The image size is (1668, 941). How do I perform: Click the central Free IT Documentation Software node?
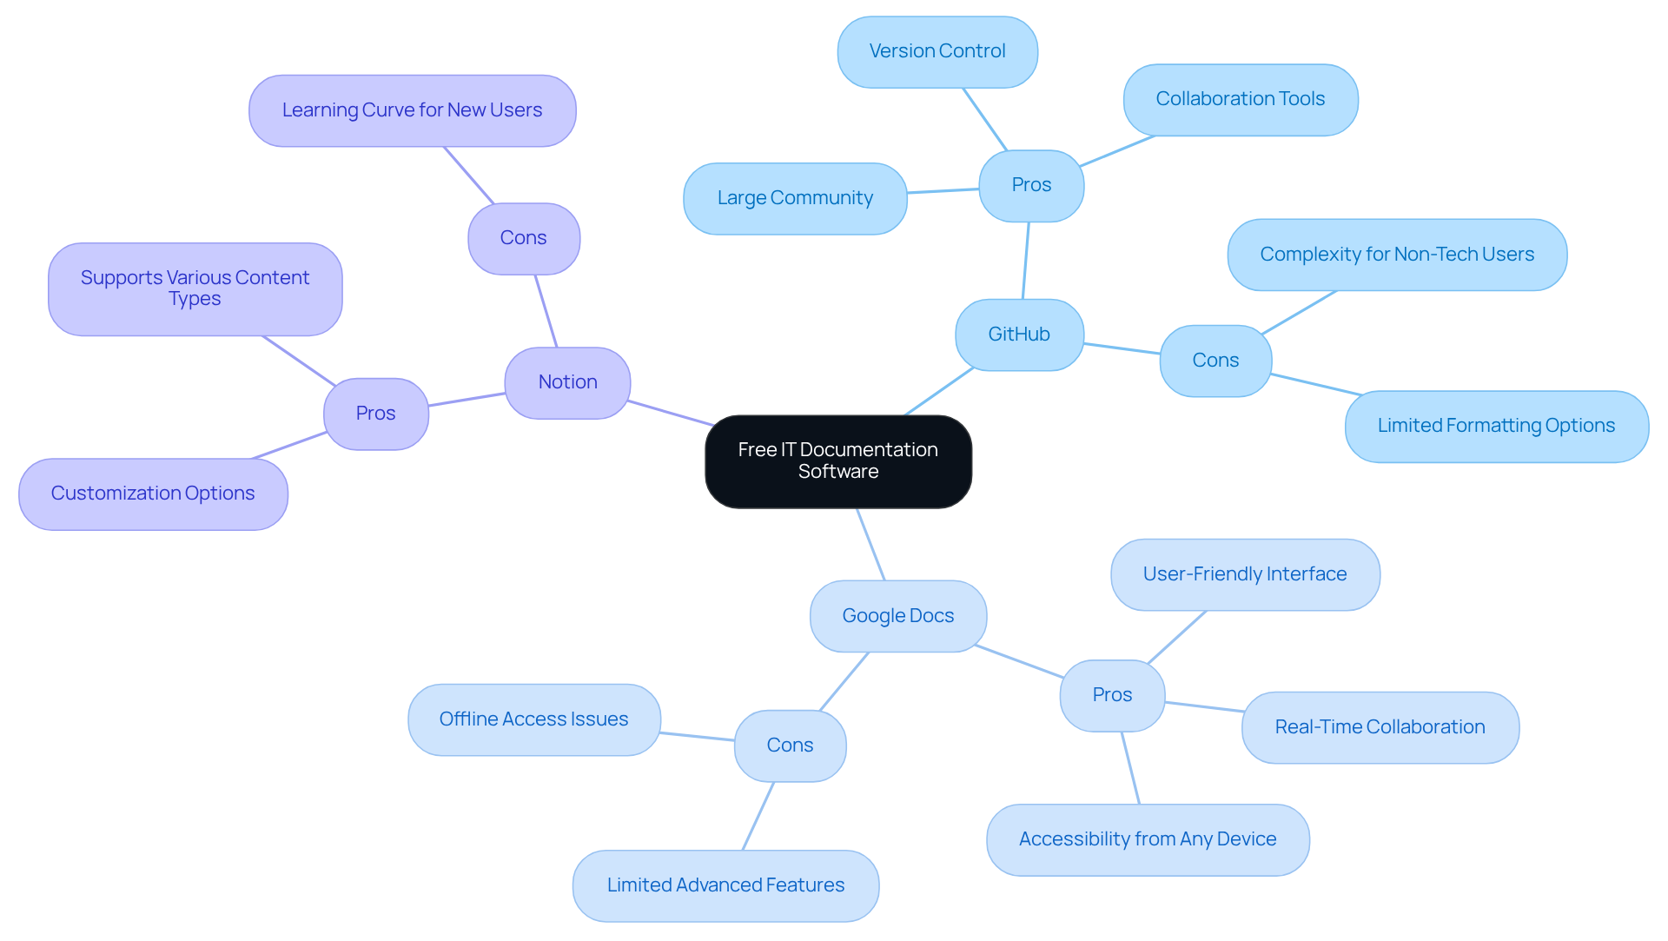click(x=837, y=461)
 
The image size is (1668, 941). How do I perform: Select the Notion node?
click(x=567, y=382)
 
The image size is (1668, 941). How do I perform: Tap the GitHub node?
click(x=1019, y=335)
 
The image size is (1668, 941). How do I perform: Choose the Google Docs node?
click(x=897, y=616)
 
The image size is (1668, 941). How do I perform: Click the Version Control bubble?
click(x=937, y=51)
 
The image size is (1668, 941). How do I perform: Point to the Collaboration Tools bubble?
click(x=1240, y=99)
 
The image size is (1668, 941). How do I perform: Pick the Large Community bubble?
click(x=795, y=198)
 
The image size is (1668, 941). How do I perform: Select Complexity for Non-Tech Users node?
click(x=1396, y=255)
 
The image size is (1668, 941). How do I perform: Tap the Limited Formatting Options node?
click(x=1496, y=426)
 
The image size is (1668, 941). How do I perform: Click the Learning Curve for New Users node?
click(x=412, y=110)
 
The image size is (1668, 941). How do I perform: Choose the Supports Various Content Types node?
click(x=195, y=288)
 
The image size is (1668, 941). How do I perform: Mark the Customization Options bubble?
click(x=153, y=494)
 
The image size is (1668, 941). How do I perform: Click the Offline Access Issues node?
click(x=533, y=719)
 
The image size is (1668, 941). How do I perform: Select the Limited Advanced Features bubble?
click(x=725, y=885)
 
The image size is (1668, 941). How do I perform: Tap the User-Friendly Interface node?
click(x=1244, y=574)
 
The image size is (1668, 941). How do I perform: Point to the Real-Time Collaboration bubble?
click(x=1380, y=727)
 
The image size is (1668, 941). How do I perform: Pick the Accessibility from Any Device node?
click(x=1147, y=839)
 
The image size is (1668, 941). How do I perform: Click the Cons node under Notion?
click(x=523, y=238)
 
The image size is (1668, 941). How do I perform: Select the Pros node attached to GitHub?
click(x=1031, y=185)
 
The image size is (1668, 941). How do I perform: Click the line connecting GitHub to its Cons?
click(x=1122, y=348)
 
